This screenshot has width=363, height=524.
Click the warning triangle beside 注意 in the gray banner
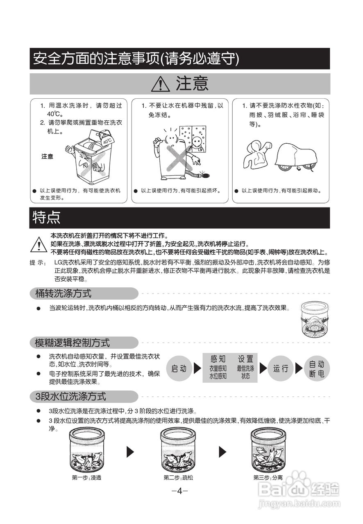[x=160, y=84]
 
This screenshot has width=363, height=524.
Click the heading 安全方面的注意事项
[x=135, y=59]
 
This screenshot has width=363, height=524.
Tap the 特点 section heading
[x=47, y=218]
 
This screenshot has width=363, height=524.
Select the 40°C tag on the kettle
[x=107, y=140]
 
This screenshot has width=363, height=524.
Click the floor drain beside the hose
[x=204, y=176]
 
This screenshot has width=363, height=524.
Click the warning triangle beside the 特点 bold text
[x=39, y=244]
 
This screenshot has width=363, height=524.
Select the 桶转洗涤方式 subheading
[x=64, y=294]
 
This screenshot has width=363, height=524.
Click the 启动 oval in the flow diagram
[x=179, y=368]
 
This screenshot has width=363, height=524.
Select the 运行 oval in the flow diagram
[x=281, y=368]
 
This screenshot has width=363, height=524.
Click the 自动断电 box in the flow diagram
[x=316, y=368]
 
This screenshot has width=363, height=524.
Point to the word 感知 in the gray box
[x=218, y=359]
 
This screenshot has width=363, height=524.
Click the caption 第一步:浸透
[x=86, y=478]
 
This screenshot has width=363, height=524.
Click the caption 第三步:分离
[x=268, y=478]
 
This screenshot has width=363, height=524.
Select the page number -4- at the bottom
[x=180, y=491]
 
